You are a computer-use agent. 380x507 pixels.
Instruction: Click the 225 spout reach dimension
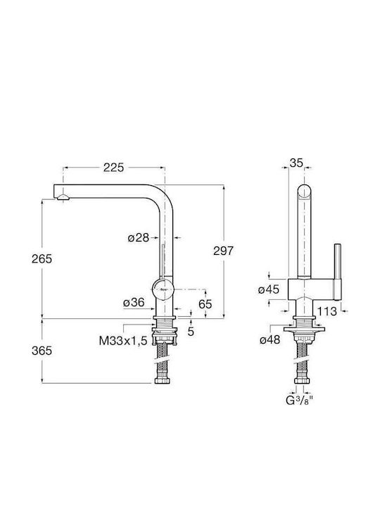113,168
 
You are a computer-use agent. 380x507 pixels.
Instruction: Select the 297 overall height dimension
223,251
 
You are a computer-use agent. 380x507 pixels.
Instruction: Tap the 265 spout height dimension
42,258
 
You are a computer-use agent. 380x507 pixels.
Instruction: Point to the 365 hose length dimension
42,351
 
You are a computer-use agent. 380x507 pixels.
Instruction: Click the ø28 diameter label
139,238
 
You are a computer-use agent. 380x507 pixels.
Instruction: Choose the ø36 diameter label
134,303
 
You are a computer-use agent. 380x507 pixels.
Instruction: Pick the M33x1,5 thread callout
123,341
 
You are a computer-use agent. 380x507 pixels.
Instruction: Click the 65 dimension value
205,304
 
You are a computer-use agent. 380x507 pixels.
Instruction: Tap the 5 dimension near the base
191,332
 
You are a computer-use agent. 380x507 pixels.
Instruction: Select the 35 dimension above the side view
296,163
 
